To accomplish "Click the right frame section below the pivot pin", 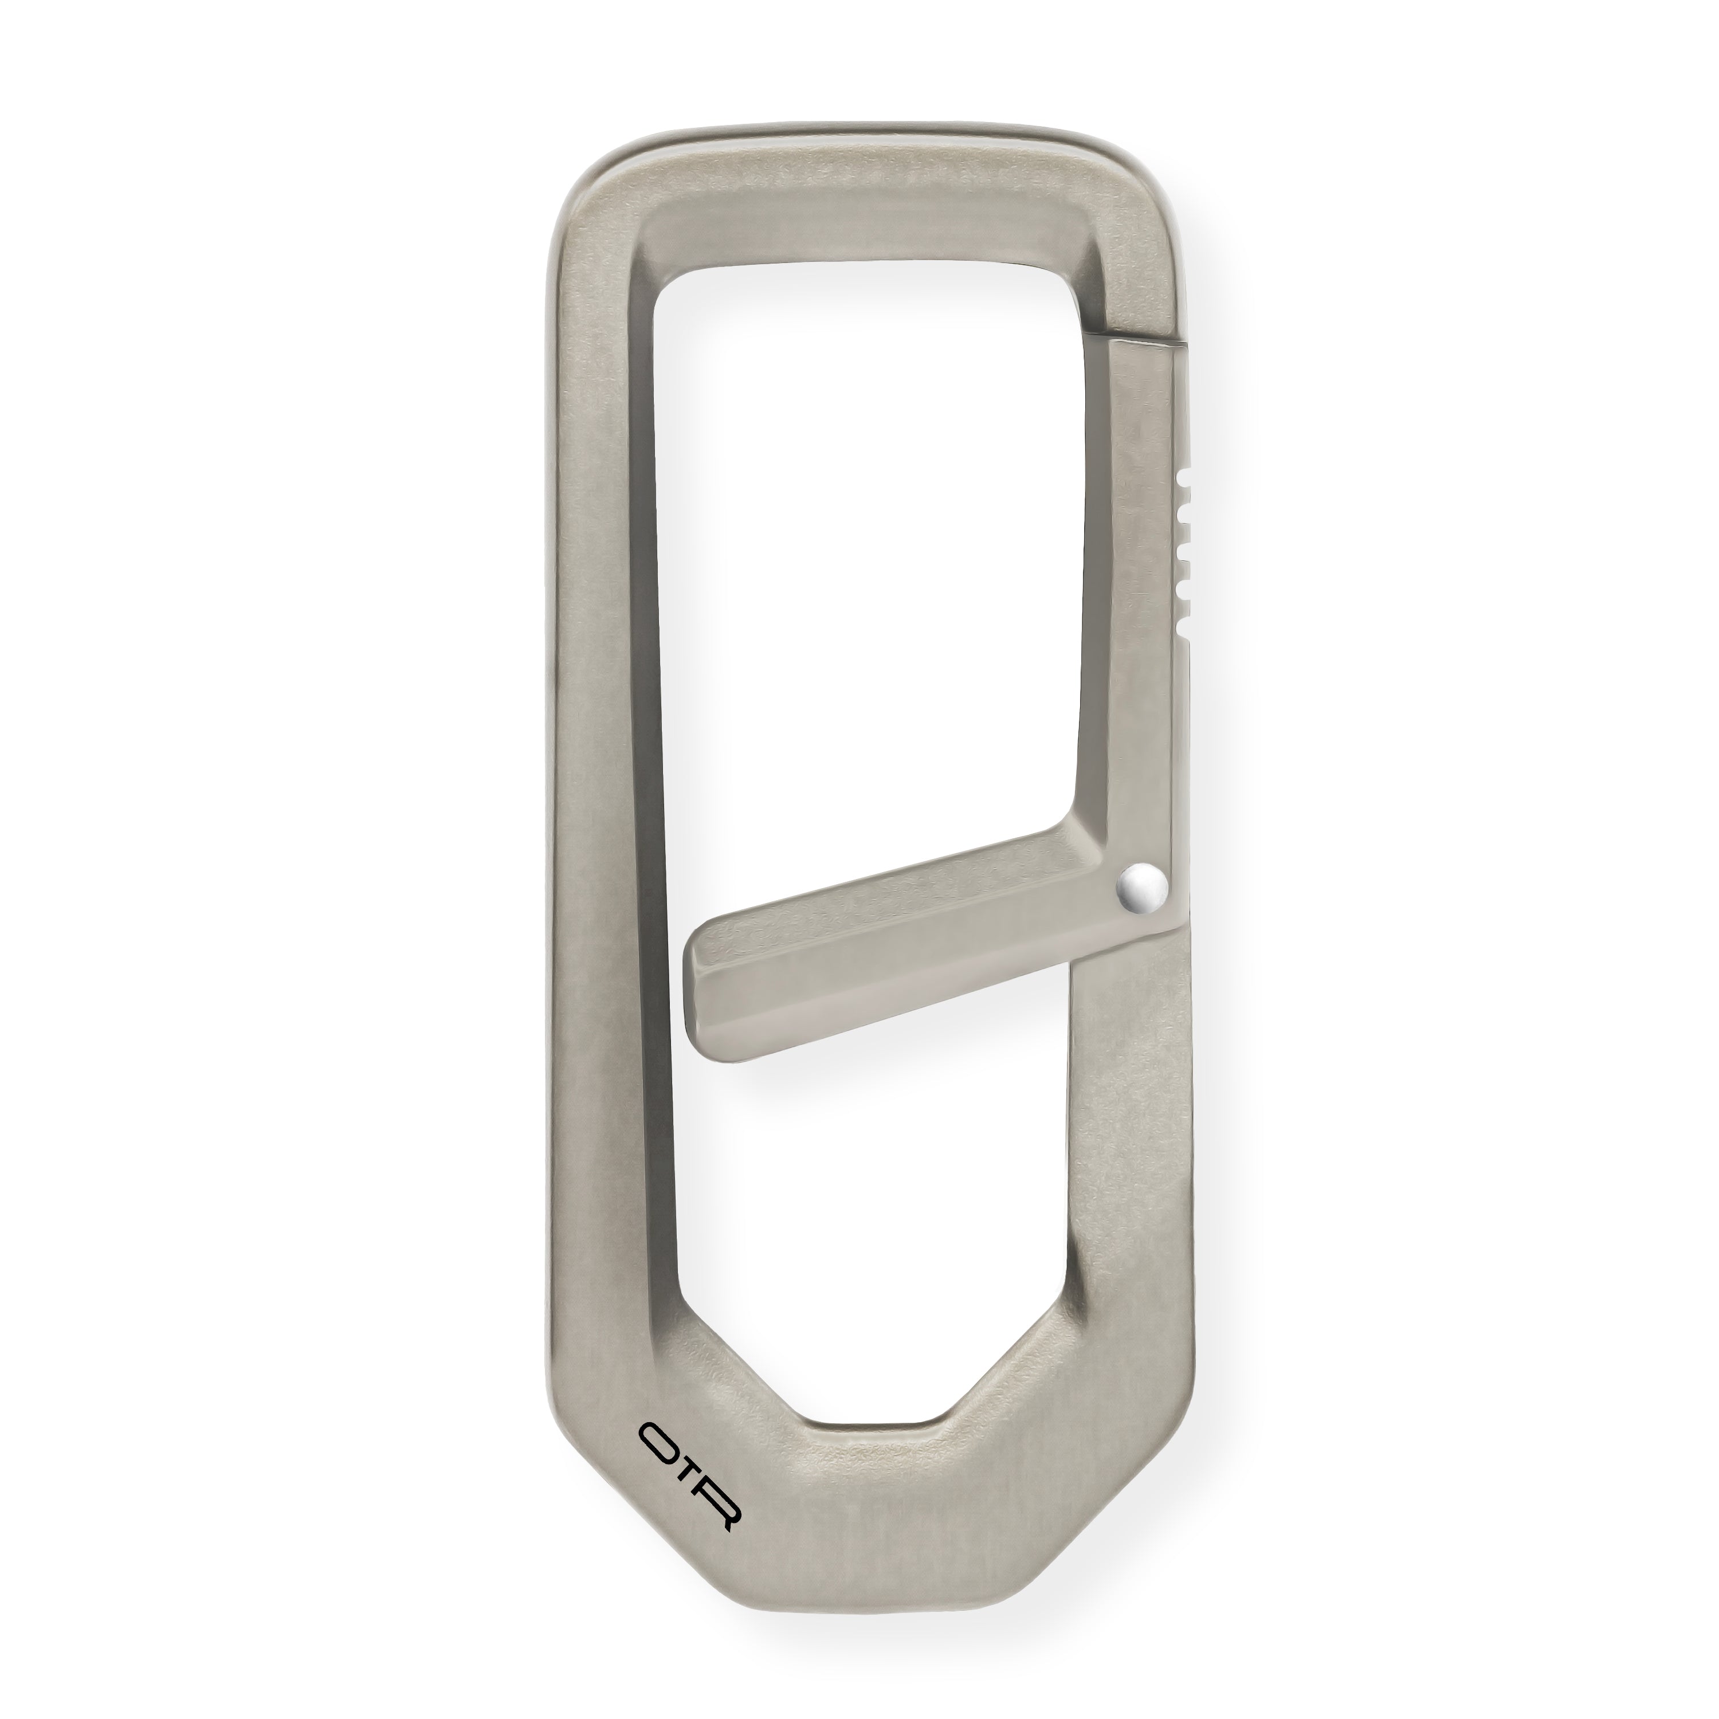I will pos(1130,1112).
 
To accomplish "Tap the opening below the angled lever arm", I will pos(872,1201).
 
